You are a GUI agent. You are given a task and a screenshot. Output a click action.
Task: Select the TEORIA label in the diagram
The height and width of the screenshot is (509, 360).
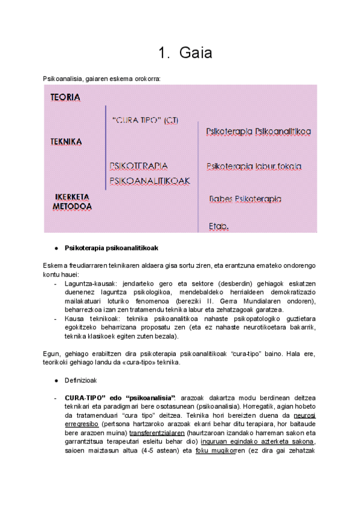(x=65, y=97)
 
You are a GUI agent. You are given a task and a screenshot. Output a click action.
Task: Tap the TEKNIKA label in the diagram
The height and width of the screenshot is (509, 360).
(x=66, y=142)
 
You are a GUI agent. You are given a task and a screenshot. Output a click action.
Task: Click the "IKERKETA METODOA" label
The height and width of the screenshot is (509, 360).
(x=72, y=202)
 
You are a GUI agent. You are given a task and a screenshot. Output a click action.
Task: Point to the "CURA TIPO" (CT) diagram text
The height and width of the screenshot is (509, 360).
(x=145, y=120)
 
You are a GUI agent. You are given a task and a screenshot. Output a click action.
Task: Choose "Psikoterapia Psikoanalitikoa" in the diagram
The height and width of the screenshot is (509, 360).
(x=258, y=131)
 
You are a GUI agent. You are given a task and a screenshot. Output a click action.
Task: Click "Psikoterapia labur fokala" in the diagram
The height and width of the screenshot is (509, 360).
(x=253, y=166)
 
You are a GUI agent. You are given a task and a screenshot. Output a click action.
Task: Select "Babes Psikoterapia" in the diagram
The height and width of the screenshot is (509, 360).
(x=245, y=199)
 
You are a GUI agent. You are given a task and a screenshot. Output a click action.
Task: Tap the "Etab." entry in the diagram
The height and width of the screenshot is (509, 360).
(x=218, y=226)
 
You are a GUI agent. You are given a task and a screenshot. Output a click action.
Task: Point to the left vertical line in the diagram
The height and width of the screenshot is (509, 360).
(x=106, y=148)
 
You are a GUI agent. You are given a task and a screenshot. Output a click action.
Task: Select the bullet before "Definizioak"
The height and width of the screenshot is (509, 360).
(x=56, y=381)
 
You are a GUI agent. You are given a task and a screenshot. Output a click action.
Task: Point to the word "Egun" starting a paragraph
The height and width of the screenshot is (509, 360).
(x=50, y=354)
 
